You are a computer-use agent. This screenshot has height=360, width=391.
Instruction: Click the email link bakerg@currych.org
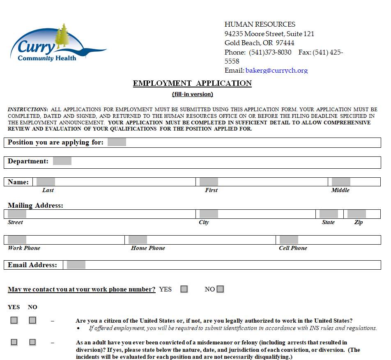point(276,71)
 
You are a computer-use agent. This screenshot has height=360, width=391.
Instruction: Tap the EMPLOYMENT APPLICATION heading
point(192,83)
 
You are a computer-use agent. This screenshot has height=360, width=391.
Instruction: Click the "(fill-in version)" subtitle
point(192,94)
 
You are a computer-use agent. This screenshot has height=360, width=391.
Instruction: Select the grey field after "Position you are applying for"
point(117,142)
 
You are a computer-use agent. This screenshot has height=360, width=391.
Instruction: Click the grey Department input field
point(62,161)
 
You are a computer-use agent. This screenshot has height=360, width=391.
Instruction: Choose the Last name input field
point(46,182)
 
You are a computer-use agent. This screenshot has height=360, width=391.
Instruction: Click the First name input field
point(209,182)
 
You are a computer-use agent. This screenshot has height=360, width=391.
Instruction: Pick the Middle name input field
point(341,182)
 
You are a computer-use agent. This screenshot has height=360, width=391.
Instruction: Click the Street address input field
point(17,214)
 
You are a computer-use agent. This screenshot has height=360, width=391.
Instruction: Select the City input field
point(209,214)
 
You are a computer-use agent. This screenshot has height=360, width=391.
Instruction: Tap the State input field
point(329,214)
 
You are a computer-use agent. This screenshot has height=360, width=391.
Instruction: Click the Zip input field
point(356,214)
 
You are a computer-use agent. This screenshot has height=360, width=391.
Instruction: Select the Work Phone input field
point(17,240)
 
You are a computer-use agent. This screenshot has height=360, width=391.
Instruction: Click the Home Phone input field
point(138,240)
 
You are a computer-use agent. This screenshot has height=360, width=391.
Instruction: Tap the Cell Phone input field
point(289,240)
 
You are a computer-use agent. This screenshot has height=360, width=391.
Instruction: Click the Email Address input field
point(76,265)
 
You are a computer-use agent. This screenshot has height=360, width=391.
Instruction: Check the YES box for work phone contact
point(184,289)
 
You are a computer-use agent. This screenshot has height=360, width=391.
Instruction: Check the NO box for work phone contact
point(221,289)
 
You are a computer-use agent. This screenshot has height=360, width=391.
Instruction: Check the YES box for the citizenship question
point(14,320)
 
